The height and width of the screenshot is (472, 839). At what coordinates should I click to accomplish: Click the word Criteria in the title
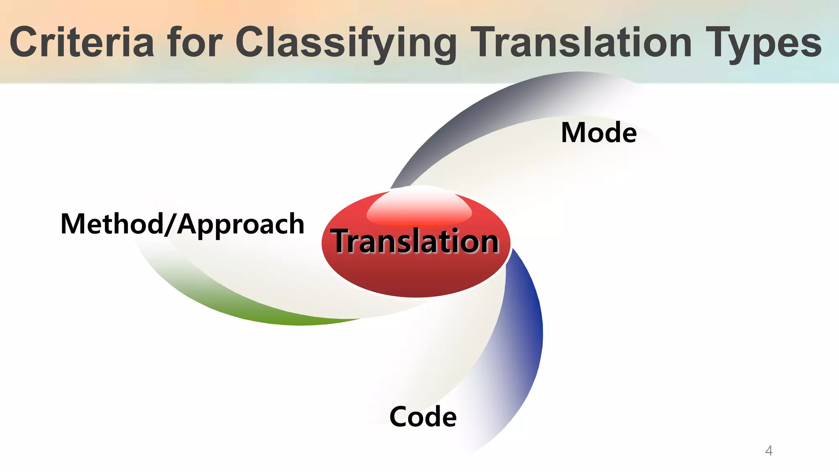tap(82, 42)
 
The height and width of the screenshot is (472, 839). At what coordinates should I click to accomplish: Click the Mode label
tap(599, 133)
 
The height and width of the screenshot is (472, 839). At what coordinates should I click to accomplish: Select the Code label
tap(423, 417)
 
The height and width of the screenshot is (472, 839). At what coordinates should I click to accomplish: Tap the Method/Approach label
tap(182, 224)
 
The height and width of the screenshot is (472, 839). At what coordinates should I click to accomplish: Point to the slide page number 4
tap(769, 451)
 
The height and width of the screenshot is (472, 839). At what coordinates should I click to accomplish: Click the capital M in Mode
tap(574, 133)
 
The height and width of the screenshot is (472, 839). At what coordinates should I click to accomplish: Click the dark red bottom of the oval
tap(416, 283)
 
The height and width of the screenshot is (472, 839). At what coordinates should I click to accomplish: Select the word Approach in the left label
tap(241, 225)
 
